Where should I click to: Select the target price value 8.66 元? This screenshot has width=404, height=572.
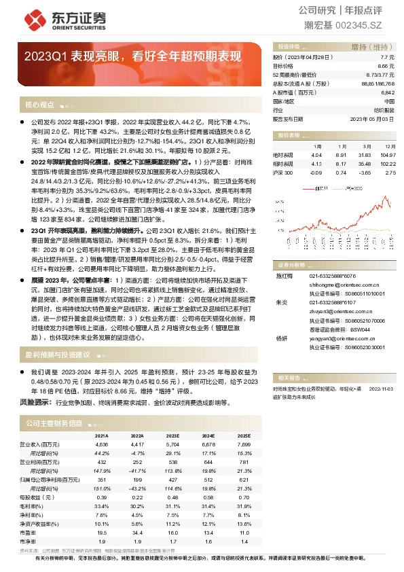386,66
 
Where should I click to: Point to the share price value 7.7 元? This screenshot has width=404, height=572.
388,58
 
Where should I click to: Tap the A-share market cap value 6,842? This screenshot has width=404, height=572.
388,92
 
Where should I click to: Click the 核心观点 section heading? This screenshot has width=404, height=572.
39,105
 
